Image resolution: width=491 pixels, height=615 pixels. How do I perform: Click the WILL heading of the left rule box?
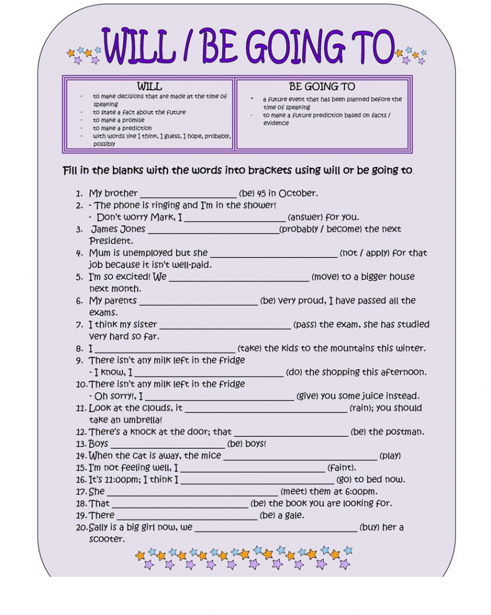click(x=149, y=86)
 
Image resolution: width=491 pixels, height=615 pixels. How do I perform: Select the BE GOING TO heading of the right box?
click(x=322, y=86)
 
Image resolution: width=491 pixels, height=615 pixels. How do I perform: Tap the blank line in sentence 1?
click(x=188, y=195)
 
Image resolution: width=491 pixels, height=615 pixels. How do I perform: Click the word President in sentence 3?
click(x=111, y=241)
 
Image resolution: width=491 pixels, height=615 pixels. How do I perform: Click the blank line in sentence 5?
click(x=239, y=278)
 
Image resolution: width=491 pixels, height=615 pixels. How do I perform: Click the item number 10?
click(x=82, y=384)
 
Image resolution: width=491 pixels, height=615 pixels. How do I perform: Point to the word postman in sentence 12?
click(x=405, y=432)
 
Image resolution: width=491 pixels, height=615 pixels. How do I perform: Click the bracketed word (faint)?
click(x=342, y=468)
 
